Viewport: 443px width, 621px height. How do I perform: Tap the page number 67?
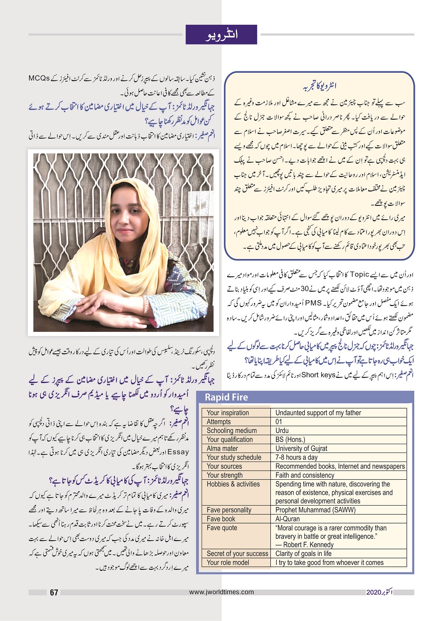[54, 593]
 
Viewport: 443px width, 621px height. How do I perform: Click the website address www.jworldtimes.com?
[221, 592]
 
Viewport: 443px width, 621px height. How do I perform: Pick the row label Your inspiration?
[228, 413]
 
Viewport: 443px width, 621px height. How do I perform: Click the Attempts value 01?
[279, 422]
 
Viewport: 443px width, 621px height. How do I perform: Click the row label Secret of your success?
[237, 553]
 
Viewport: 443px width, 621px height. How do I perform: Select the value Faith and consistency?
[304, 475]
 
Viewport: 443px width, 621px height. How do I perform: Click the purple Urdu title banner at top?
[221, 34]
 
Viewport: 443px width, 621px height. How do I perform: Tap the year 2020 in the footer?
[373, 592]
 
